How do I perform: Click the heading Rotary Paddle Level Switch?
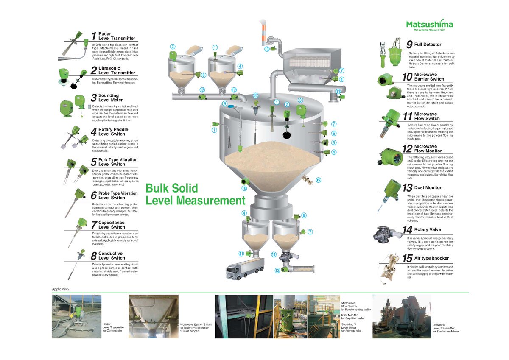pyautogui.click(x=113, y=131)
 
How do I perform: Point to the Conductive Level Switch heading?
pyautogui.click(x=112, y=256)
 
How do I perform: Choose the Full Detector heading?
pyautogui.click(x=428, y=44)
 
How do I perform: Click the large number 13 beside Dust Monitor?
pyautogui.click(x=407, y=188)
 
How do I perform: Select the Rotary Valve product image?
pyautogui.click(x=387, y=234)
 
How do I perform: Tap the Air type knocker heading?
pyautogui.click(x=431, y=258)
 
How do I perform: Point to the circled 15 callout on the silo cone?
pyautogui.click(x=318, y=180)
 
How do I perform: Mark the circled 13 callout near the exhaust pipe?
pyautogui.click(x=267, y=49)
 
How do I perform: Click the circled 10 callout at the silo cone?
pyautogui.click(x=244, y=188)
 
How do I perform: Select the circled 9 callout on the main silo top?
pyautogui.click(x=225, y=103)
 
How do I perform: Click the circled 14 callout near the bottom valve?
pyautogui.click(x=274, y=254)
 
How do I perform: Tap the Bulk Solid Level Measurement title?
pyautogui.click(x=195, y=194)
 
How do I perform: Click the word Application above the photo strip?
pyautogui.click(x=60, y=289)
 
